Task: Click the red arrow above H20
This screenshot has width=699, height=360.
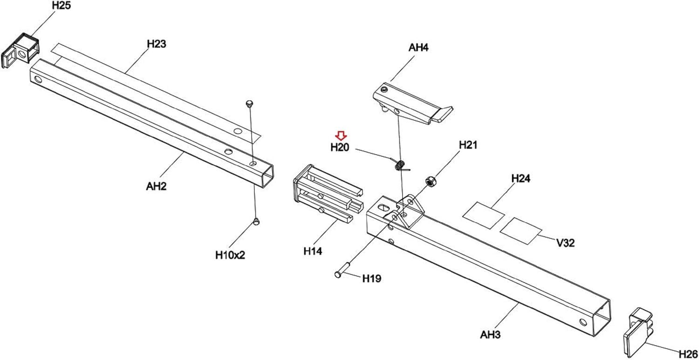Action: (x=341, y=136)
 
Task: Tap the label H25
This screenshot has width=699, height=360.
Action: (x=62, y=5)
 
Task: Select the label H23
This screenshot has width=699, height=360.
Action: (x=157, y=44)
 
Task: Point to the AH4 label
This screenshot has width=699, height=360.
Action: (x=418, y=48)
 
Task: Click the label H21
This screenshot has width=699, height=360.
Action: (x=468, y=145)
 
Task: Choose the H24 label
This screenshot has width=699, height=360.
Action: (x=521, y=178)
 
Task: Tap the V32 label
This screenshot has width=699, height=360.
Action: (x=566, y=243)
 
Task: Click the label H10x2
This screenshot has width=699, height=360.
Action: (x=230, y=255)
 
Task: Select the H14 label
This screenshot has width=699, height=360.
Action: (x=313, y=251)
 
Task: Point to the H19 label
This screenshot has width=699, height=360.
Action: (x=372, y=278)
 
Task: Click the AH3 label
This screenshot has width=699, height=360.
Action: (x=490, y=335)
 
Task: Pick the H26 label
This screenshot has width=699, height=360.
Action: (x=688, y=354)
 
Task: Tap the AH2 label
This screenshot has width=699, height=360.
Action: (x=156, y=186)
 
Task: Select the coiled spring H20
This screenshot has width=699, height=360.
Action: (x=400, y=165)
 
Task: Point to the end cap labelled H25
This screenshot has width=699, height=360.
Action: (x=21, y=50)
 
